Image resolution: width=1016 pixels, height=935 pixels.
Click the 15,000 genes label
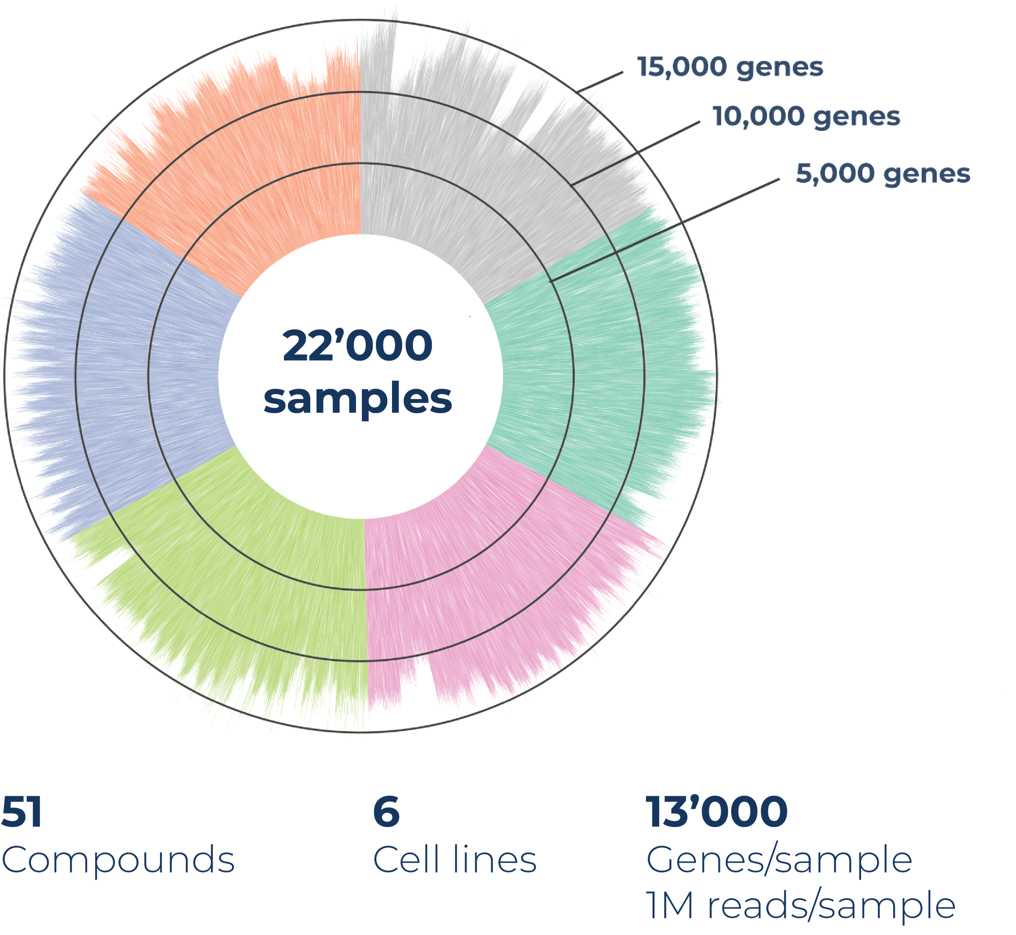[730, 67]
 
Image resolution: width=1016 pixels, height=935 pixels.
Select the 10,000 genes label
[806, 117]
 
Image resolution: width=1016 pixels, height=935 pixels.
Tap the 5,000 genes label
[883, 174]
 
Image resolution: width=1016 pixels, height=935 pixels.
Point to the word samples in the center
[358, 399]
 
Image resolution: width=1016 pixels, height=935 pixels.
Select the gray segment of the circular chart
[470, 167]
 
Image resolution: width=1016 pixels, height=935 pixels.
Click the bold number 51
[21, 812]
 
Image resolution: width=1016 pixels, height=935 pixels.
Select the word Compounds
[118, 860]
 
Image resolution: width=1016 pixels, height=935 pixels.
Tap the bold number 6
[386, 812]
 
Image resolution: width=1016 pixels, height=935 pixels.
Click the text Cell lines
[454, 860]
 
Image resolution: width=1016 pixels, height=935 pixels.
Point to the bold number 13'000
[716, 812]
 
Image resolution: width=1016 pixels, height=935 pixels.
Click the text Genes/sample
[779, 860]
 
